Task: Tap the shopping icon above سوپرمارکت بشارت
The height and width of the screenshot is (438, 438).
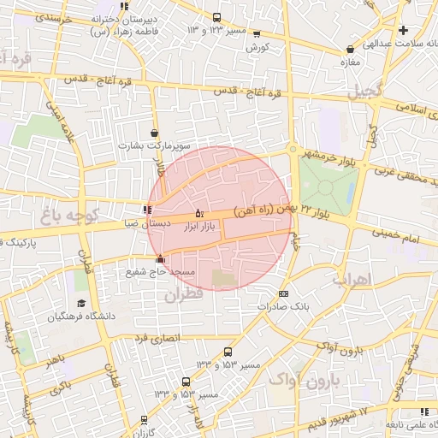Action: pyautogui.click(x=154, y=133)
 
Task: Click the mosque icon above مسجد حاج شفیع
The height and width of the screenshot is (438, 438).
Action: pyautogui.click(x=160, y=259)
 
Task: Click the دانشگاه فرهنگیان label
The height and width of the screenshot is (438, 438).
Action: pyautogui.click(x=82, y=317)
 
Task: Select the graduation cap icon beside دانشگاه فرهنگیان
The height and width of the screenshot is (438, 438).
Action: pyautogui.click(x=81, y=303)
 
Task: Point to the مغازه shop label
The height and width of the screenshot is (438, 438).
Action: pyautogui.click(x=350, y=62)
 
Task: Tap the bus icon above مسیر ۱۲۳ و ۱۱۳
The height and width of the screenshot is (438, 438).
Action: pyautogui.click(x=216, y=18)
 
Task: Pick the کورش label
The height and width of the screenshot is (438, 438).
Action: pyautogui.click(x=257, y=46)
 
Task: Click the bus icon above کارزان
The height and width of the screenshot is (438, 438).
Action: pyautogui.click(x=144, y=420)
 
